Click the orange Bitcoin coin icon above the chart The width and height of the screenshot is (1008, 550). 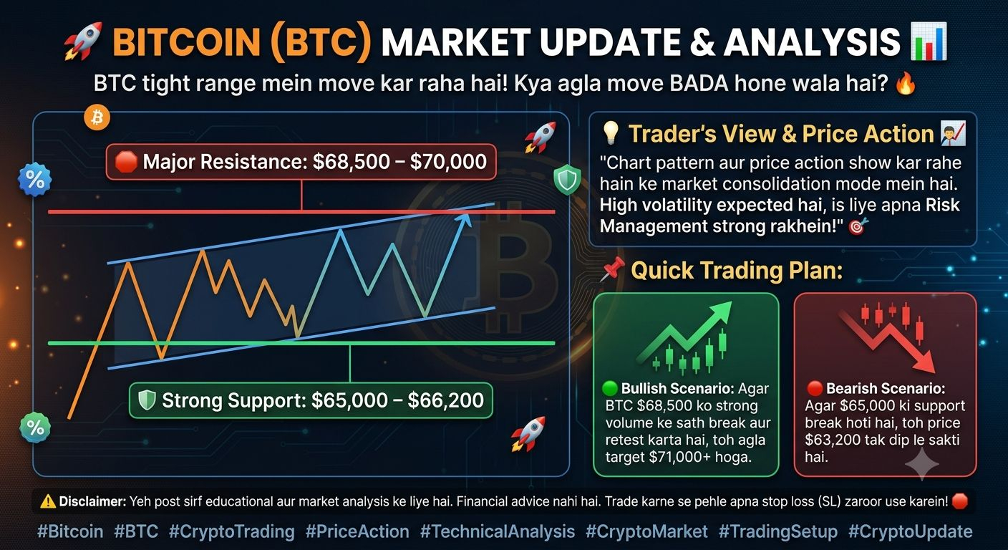click(97, 118)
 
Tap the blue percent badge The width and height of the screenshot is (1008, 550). click(34, 180)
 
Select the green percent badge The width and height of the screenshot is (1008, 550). click(35, 428)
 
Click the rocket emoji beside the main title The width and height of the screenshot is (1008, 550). click(84, 42)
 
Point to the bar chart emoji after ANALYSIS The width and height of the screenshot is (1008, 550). click(929, 41)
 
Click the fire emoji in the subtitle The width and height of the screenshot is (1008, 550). click(906, 84)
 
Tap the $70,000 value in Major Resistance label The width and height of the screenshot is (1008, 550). click(448, 162)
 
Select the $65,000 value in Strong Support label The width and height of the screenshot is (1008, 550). click(349, 400)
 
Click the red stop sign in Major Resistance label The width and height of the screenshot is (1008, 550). click(126, 162)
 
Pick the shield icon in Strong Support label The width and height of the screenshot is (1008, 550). click(147, 400)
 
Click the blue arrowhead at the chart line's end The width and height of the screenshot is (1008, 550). click(463, 220)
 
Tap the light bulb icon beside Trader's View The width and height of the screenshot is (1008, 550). click(611, 133)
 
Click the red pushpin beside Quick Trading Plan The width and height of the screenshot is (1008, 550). click(612, 269)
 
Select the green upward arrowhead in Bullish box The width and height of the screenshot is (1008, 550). click(719, 313)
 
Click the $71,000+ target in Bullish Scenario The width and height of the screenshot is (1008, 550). click(680, 458)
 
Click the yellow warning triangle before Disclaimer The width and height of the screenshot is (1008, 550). click(48, 501)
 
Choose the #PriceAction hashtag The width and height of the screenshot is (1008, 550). click(357, 531)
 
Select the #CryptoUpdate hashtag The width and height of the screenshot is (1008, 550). click(911, 531)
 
